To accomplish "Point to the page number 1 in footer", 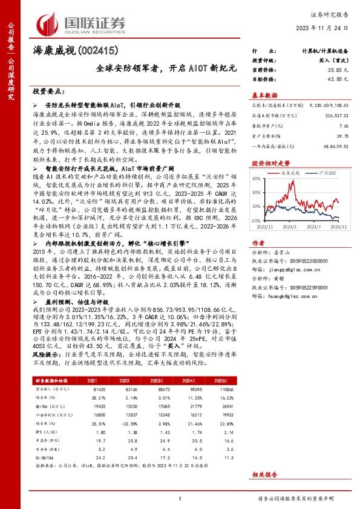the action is click(180, 499).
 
